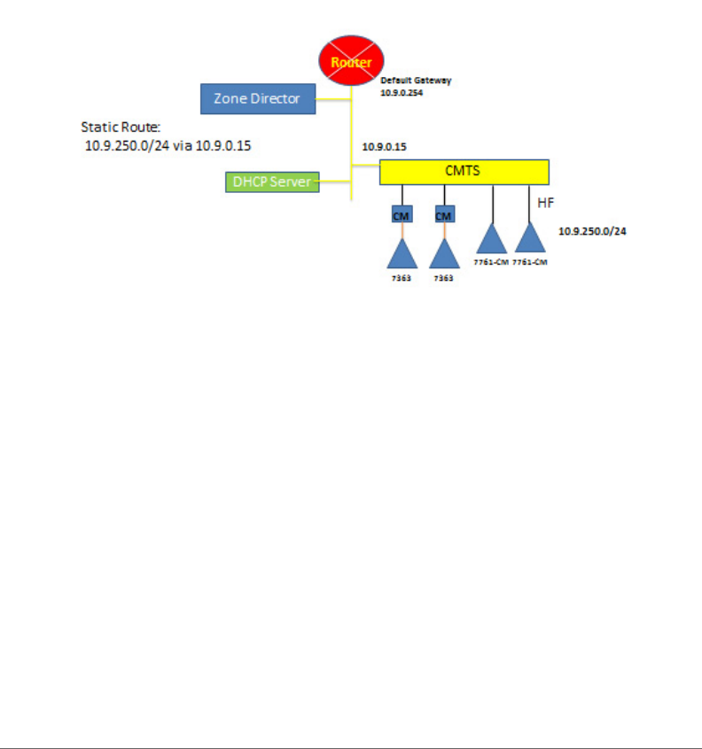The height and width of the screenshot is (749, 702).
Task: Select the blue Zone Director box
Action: coord(258,98)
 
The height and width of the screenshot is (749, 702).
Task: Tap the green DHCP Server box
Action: coord(272,182)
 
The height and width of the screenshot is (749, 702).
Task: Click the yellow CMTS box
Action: coord(464,171)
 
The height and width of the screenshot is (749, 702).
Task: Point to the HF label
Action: coord(547,203)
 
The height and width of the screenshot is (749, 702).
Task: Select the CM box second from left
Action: coord(443,215)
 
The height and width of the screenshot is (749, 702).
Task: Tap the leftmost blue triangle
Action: coord(402,255)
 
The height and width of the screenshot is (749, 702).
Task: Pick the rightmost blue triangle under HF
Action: coord(529,239)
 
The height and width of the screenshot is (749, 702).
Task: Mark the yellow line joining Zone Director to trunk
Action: coord(334,98)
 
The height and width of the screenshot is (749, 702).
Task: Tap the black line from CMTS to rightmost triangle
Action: coord(529,203)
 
